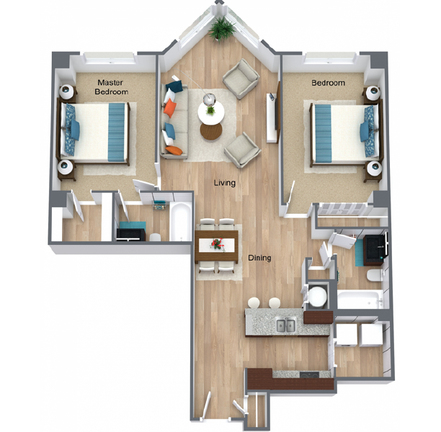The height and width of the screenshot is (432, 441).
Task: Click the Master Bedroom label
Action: click(111, 87)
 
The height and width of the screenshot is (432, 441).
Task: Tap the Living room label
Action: click(225, 183)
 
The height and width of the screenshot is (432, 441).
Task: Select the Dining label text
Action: click(259, 258)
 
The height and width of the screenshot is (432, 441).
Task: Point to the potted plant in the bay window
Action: click(222, 29)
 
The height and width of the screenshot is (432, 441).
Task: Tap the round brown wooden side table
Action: click(211, 131)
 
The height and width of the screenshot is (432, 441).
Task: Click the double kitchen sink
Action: click(286, 325)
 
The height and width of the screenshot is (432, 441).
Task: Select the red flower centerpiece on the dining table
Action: click(218, 243)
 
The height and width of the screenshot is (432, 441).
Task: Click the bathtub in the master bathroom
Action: click(180, 221)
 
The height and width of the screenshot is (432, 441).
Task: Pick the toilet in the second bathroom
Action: click(374, 275)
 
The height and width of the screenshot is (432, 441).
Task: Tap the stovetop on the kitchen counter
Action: click(309, 374)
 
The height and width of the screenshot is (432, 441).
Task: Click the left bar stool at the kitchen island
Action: click(254, 303)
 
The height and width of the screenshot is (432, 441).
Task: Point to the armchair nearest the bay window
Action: click(241, 79)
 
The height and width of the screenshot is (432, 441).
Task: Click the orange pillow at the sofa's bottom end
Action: click(173, 150)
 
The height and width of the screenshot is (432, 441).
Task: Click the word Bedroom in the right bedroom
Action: click(328, 83)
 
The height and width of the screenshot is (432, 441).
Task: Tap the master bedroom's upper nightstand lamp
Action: click(66, 91)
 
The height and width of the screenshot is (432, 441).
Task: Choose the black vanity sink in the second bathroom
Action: click(375, 250)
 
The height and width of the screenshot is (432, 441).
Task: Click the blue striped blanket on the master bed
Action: click(117, 132)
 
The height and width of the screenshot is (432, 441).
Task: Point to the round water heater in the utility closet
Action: click(318, 296)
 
